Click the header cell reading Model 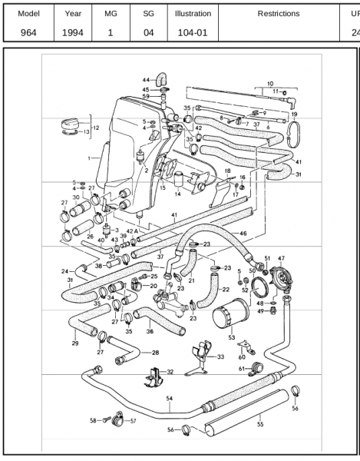pyautogui.click(x=28, y=14)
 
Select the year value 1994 pyautogui.click(x=73, y=33)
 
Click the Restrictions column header pyautogui.click(x=278, y=14)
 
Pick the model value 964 pyautogui.click(x=28, y=33)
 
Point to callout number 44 pyautogui.click(x=146, y=80)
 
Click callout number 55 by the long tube pyautogui.click(x=260, y=423)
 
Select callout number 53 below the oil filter pyautogui.click(x=232, y=337)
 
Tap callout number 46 pyautogui.click(x=243, y=232)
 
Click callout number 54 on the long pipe pyautogui.click(x=170, y=400)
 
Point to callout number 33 pyautogui.click(x=220, y=357)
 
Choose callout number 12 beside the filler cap pyautogui.click(x=96, y=128)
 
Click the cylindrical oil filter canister pyautogui.click(x=230, y=316)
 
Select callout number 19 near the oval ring pyautogui.click(x=294, y=114)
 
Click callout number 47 pyautogui.click(x=281, y=259)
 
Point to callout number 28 pyautogui.click(x=155, y=353)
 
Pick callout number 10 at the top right pyautogui.click(x=269, y=82)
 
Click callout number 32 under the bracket pyautogui.click(x=170, y=372)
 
